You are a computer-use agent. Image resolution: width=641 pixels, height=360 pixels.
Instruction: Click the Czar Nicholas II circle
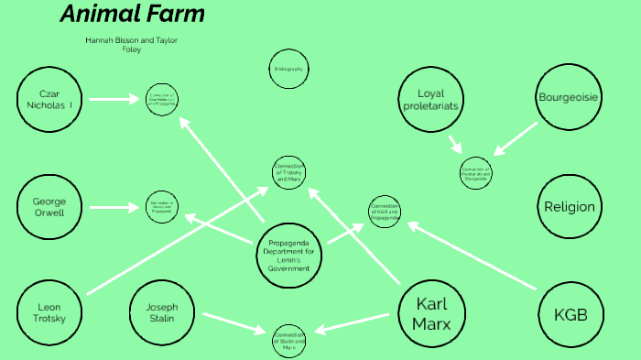49,99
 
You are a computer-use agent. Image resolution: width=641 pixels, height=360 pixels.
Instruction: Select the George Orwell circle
49,206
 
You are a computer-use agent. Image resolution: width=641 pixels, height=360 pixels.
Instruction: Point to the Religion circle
569,207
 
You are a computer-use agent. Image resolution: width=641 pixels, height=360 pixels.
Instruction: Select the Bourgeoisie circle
569,96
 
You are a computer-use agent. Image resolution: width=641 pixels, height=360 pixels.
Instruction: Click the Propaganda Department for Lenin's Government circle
289,253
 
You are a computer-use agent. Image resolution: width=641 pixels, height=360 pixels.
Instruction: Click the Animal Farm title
132,15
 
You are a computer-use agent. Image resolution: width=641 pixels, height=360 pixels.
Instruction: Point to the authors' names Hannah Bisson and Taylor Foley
132,45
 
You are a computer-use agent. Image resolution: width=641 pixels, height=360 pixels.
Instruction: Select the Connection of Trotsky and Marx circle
288,172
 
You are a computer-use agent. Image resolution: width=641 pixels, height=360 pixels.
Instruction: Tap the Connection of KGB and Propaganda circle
385,213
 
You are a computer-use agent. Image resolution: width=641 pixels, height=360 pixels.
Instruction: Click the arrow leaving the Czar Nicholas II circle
114,99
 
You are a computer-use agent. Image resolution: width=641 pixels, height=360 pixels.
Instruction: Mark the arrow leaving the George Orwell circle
114,208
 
